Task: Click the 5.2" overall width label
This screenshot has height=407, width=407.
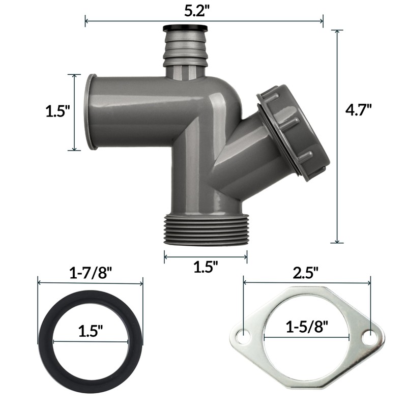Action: pos(203,11)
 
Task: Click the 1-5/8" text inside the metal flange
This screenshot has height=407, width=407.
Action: pos(307,326)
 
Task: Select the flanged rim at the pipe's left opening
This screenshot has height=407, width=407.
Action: pos(92,112)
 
